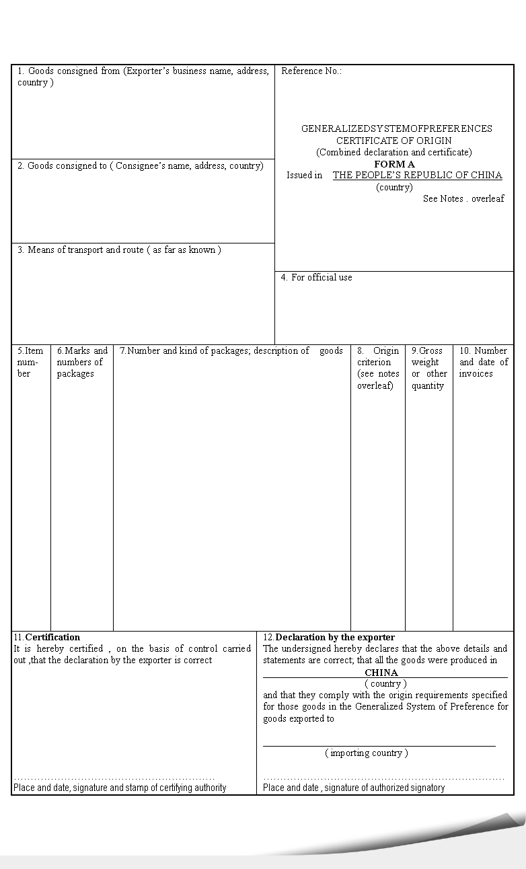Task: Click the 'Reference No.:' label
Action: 311,71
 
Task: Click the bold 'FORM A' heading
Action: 394,164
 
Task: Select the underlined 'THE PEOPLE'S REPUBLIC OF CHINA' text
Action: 417,176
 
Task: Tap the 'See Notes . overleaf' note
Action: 463,199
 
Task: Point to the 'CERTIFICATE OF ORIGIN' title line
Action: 394,141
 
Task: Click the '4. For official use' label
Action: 316,278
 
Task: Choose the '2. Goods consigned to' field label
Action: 141,166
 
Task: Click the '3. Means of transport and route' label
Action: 119,250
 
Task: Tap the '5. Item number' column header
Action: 30,362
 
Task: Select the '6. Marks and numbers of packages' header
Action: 81,362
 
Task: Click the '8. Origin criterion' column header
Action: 377,367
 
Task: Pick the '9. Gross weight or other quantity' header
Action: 428,367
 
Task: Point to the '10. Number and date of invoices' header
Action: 483,362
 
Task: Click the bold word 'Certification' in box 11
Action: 52,638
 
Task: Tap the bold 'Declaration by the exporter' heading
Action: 335,638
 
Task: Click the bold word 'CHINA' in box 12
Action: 381,673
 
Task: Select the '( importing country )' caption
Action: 367,753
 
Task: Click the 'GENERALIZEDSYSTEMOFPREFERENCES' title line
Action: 396,129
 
